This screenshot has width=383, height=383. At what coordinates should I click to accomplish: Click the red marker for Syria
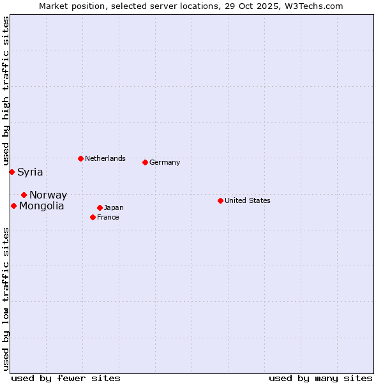point(11,172)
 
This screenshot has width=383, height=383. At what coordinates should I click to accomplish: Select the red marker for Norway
point(24,195)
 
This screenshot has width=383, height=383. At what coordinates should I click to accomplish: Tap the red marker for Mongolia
point(13,206)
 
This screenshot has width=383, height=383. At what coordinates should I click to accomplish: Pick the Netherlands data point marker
point(80,158)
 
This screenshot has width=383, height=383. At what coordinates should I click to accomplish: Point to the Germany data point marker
point(145,162)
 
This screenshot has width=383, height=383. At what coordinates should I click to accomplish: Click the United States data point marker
point(220,200)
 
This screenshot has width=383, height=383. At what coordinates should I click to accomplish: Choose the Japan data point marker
point(100,207)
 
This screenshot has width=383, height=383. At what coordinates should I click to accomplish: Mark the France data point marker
point(93,217)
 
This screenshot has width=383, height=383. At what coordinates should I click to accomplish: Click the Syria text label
point(30,172)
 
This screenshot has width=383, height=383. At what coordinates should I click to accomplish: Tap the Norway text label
point(48,195)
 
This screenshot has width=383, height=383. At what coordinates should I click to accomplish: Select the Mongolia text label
point(41,206)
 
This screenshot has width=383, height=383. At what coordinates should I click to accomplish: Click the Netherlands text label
point(105,158)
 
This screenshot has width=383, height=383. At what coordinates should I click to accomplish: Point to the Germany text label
point(165,162)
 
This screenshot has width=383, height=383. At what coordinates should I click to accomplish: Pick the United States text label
point(248,200)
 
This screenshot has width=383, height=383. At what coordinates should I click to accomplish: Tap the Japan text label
point(114,207)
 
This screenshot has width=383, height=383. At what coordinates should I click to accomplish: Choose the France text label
point(108,217)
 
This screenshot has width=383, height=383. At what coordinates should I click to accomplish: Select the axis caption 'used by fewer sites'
point(66,378)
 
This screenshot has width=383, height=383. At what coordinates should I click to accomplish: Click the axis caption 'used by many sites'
point(320,378)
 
